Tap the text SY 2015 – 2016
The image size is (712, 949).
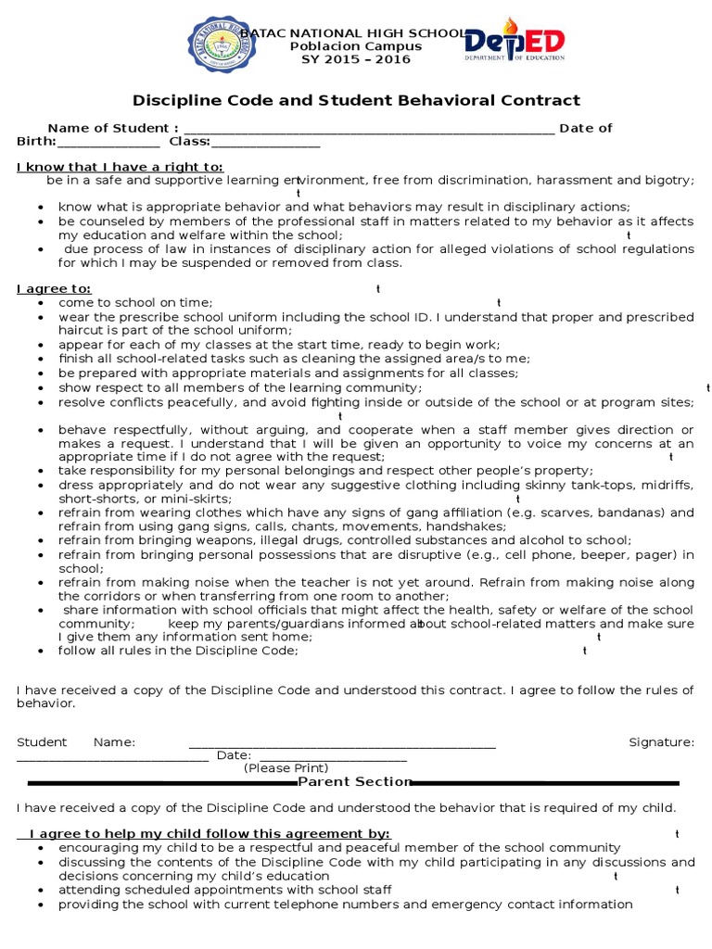point(355,59)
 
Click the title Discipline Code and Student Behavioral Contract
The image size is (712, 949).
point(356,100)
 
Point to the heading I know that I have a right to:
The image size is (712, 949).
point(120,167)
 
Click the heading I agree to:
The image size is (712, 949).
point(54,289)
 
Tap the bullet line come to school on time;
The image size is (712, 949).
point(135,302)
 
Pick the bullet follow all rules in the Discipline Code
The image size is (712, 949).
point(178,651)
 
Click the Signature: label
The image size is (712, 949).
point(661,742)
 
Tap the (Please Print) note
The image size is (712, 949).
point(286,768)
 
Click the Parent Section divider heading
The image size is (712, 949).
point(354,782)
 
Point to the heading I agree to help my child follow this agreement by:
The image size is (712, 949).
point(210,833)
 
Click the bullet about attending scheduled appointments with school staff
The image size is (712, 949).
point(224,890)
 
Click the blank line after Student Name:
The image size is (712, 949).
point(342,744)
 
